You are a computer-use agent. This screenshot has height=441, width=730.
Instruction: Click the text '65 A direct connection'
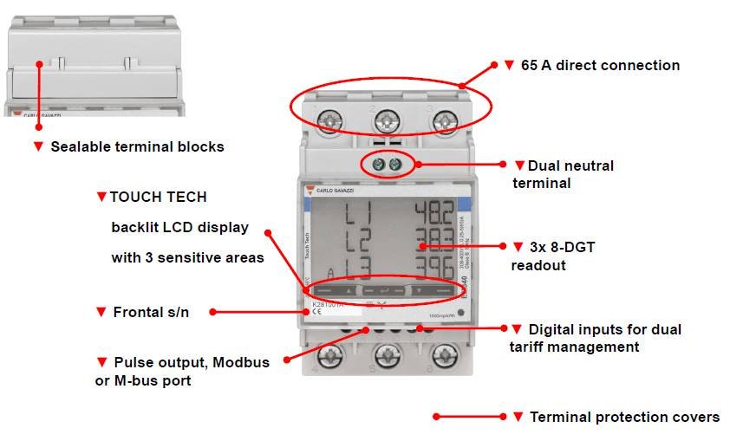coord(600,66)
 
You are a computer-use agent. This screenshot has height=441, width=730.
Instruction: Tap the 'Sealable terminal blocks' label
coord(137,147)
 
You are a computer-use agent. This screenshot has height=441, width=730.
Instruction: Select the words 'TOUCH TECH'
coord(158,197)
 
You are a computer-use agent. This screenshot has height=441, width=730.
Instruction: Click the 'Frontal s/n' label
coord(151,312)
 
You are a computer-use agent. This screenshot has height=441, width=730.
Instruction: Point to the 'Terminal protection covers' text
coord(624,418)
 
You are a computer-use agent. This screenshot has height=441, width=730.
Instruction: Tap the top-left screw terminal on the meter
coord(329,120)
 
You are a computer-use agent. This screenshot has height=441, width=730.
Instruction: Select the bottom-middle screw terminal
coord(387,355)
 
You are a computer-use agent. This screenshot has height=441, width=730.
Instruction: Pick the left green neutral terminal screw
coord(378,164)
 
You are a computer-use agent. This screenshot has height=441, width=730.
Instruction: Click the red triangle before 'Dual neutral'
coord(519,165)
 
